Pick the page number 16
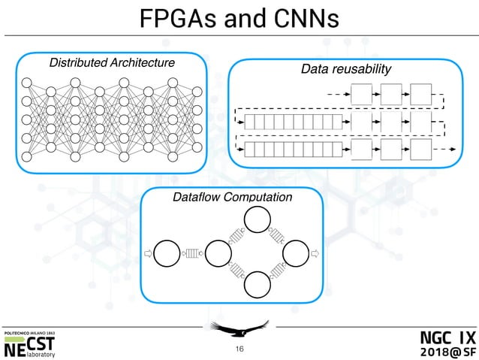click(x=239, y=349)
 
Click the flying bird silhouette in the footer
click(x=239, y=328)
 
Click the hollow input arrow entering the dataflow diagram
click(x=147, y=253)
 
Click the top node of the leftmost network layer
click(x=27, y=82)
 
